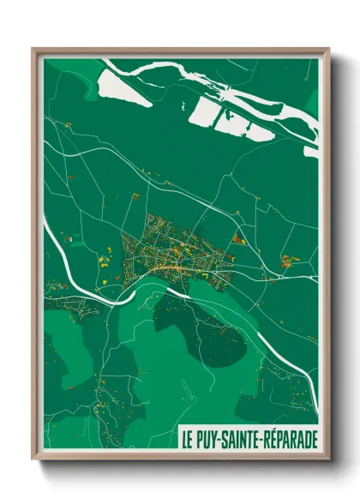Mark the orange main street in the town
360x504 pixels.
point(171,267)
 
